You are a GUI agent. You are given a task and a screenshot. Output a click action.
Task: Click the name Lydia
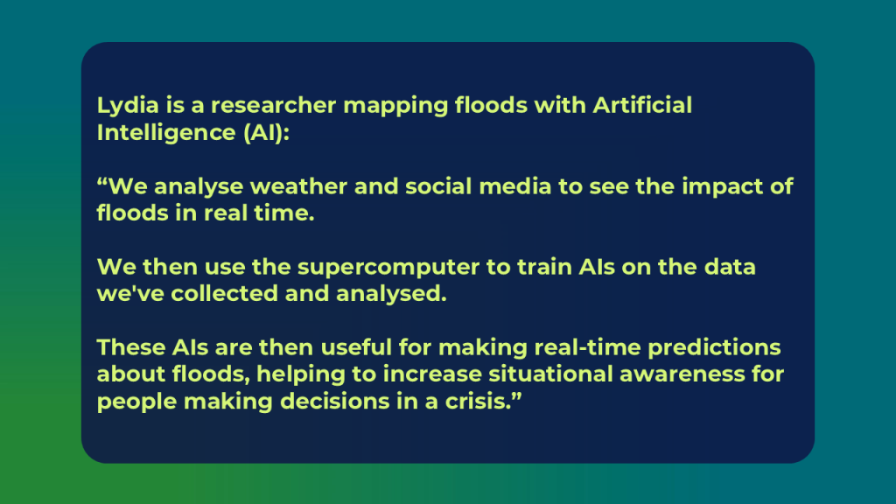(x=128, y=106)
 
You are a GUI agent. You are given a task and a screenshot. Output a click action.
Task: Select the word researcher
(x=273, y=106)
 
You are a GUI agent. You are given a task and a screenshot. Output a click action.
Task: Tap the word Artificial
(x=642, y=105)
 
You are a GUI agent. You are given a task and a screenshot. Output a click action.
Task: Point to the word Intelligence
(x=166, y=133)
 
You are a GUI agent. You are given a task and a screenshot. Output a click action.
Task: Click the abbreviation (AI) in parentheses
(x=266, y=133)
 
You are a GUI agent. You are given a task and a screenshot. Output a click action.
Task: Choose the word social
(x=438, y=186)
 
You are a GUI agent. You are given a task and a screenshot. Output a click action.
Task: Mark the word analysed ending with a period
(x=391, y=294)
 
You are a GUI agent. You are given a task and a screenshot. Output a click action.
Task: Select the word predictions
(x=714, y=348)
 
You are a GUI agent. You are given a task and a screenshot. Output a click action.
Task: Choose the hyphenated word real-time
(x=587, y=347)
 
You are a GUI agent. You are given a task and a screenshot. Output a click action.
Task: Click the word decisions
(x=333, y=401)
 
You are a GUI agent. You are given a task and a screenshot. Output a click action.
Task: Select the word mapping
(x=395, y=106)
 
